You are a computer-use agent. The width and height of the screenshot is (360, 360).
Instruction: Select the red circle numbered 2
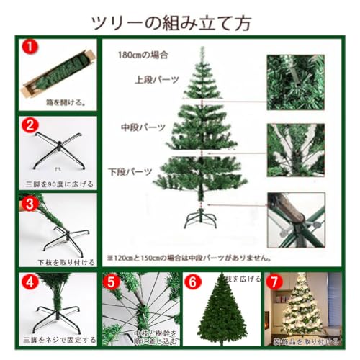pos(29,125)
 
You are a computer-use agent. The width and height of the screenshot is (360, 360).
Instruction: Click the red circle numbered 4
pos(29,282)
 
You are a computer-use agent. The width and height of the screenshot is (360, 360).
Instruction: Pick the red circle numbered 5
pos(112,282)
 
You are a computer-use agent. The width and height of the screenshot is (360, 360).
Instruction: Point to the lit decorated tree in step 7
pos(300,306)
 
